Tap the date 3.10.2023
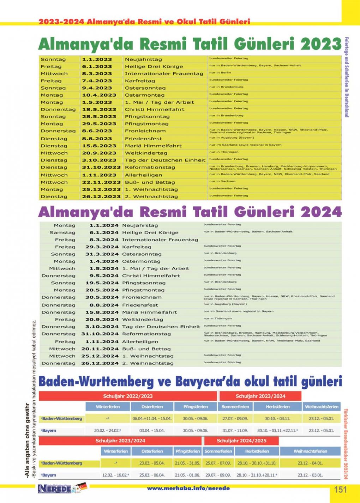[99, 160]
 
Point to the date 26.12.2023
[101, 196]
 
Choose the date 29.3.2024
[102, 247]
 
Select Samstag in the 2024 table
[62, 232]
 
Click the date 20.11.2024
[100, 349]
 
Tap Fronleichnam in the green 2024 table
[142, 297]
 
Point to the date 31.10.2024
[100, 334]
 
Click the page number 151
[340, 489]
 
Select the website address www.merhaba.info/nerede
[188, 489]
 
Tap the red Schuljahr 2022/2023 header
[128, 396]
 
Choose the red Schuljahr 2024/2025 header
[241, 441]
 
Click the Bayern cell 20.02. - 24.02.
[108, 431]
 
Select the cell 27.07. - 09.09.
[235, 419]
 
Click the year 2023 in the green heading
[321, 44]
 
